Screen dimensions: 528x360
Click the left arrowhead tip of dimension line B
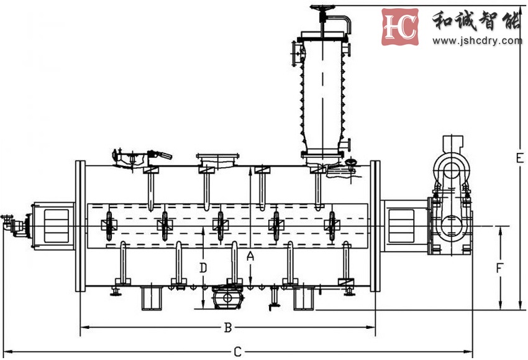click(x=81, y=327)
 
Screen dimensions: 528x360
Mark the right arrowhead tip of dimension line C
click(x=472, y=351)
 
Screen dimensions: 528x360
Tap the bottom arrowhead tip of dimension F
click(x=501, y=309)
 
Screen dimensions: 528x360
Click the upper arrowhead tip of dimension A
click(x=250, y=167)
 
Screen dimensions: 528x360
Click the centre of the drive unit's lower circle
click(x=451, y=226)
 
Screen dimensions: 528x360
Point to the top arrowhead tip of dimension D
click(x=203, y=227)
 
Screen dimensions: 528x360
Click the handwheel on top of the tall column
click(x=322, y=7)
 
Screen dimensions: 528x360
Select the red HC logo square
click(x=400, y=27)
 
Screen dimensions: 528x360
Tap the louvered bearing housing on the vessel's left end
click(x=54, y=226)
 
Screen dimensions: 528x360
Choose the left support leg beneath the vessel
click(x=151, y=298)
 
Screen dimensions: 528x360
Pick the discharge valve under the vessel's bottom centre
click(x=228, y=297)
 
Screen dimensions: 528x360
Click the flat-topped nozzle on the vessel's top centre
click(x=218, y=160)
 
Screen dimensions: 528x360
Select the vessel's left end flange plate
click(x=80, y=226)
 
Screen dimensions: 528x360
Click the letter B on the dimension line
click(x=228, y=327)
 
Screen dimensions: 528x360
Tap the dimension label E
click(x=520, y=158)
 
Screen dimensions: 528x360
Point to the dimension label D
click(x=203, y=268)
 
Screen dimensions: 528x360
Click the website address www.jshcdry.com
click(x=477, y=41)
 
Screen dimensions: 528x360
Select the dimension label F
click(x=499, y=269)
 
